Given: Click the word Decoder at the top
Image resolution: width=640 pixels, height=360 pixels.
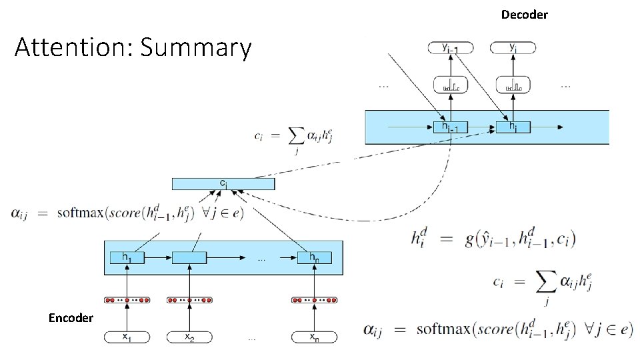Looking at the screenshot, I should (524, 14).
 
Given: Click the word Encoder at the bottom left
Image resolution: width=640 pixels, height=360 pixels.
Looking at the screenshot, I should (71, 318).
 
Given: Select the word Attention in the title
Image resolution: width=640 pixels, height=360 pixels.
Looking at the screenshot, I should (73, 48).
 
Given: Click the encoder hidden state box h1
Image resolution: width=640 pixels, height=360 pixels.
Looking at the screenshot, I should (126, 257).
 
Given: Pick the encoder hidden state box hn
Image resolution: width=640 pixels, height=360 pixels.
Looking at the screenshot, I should (314, 257).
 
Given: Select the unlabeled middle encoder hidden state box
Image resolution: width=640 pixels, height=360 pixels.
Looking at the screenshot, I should (189, 257).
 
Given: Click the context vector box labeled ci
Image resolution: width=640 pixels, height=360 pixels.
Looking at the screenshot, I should (223, 183).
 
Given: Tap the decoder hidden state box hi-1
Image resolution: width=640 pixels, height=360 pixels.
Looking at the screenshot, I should (450, 126).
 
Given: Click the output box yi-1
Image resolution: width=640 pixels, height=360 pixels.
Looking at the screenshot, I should (450, 48).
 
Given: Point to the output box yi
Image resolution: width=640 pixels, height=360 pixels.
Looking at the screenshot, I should (513, 48).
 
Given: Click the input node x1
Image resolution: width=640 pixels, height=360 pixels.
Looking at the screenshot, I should (126, 337).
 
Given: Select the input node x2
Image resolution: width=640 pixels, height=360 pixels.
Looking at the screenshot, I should (189, 337).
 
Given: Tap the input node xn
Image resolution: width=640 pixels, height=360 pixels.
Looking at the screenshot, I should (314, 337).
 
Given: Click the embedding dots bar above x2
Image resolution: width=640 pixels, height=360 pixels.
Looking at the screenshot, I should (189, 300).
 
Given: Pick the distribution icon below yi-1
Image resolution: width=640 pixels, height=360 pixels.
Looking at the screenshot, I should (450, 85).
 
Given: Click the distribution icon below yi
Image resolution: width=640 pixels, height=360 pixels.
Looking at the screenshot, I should (513, 85).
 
